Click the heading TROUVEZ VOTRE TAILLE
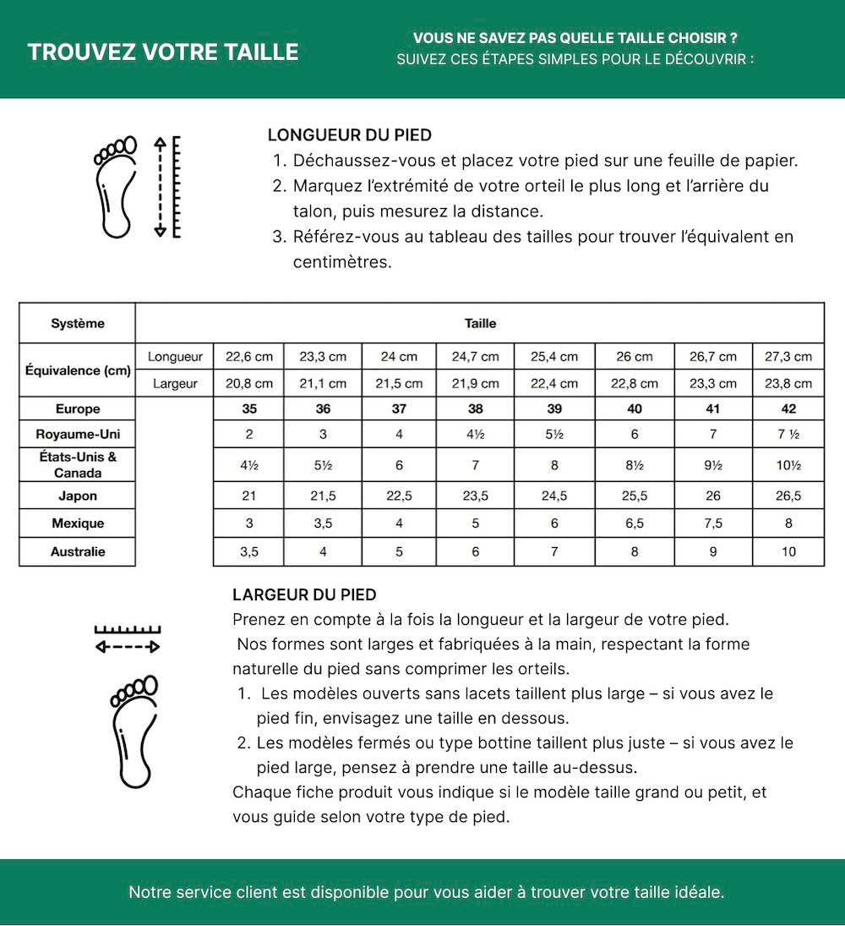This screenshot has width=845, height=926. [x=163, y=52]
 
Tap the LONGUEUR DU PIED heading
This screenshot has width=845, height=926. [x=350, y=135]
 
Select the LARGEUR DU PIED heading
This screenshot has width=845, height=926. [x=304, y=595]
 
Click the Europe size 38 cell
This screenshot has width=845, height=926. [x=476, y=409]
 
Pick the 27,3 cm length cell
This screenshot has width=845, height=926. [x=788, y=357]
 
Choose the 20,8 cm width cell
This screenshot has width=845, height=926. [x=249, y=384]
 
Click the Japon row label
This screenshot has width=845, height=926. [x=78, y=496]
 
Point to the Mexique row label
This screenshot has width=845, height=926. [x=78, y=523]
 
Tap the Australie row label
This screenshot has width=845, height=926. [x=78, y=551]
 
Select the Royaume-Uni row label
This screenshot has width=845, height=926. [x=78, y=435]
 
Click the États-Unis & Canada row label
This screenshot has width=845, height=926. [x=78, y=465]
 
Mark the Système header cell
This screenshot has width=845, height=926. [x=78, y=324]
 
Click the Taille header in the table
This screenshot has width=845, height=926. [x=480, y=324]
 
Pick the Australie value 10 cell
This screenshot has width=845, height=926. [x=788, y=552]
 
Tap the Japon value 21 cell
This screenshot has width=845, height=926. [x=249, y=496]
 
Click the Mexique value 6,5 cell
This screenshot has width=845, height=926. [x=635, y=523]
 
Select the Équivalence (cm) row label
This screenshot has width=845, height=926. [x=78, y=370]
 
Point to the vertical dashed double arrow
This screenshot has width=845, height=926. [x=160, y=187]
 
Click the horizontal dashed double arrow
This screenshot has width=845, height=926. [x=128, y=647]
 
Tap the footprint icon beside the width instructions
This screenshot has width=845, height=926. [x=134, y=731]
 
